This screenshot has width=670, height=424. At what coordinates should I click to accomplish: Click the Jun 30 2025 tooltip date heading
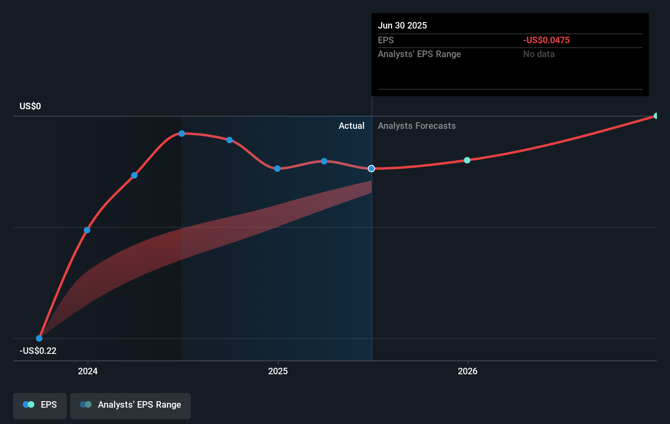click(402, 25)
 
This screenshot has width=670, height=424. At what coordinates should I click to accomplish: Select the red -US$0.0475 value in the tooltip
click(546, 40)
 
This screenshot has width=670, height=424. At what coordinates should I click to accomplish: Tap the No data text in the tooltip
click(539, 54)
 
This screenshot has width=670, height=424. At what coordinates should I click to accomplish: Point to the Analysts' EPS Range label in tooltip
click(419, 54)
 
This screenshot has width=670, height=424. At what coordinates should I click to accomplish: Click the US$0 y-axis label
click(30, 106)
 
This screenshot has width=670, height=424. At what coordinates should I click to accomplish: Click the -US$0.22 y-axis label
click(38, 351)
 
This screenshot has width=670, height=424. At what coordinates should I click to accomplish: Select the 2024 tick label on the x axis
click(88, 371)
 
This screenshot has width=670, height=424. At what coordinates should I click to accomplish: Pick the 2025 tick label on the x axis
click(278, 371)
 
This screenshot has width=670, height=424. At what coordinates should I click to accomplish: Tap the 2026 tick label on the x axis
click(468, 371)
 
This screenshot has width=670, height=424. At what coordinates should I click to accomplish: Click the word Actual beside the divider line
click(351, 126)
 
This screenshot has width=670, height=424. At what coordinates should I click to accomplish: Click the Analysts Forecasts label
click(417, 126)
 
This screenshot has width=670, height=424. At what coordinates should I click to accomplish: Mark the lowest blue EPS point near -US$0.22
click(39, 338)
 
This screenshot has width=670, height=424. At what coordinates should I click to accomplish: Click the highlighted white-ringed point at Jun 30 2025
click(371, 168)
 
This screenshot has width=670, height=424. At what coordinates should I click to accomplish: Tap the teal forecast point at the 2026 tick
click(467, 160)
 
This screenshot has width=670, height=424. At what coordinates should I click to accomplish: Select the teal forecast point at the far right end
click(656, 116)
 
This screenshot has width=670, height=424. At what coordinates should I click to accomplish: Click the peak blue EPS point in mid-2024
click(182, 133)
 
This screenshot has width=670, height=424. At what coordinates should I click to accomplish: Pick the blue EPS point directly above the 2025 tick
click(277, 168)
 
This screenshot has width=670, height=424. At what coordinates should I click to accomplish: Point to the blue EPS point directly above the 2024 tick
click(87, 230)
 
